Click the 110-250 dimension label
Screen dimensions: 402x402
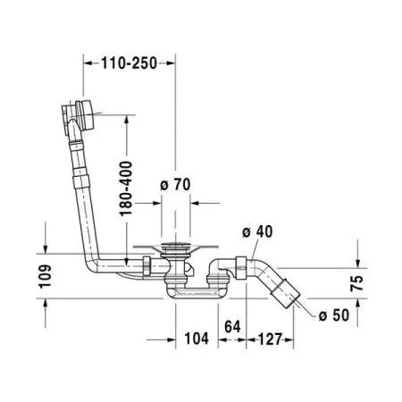tap(130, 63)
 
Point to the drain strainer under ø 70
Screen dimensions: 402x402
tap(174, 247)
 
